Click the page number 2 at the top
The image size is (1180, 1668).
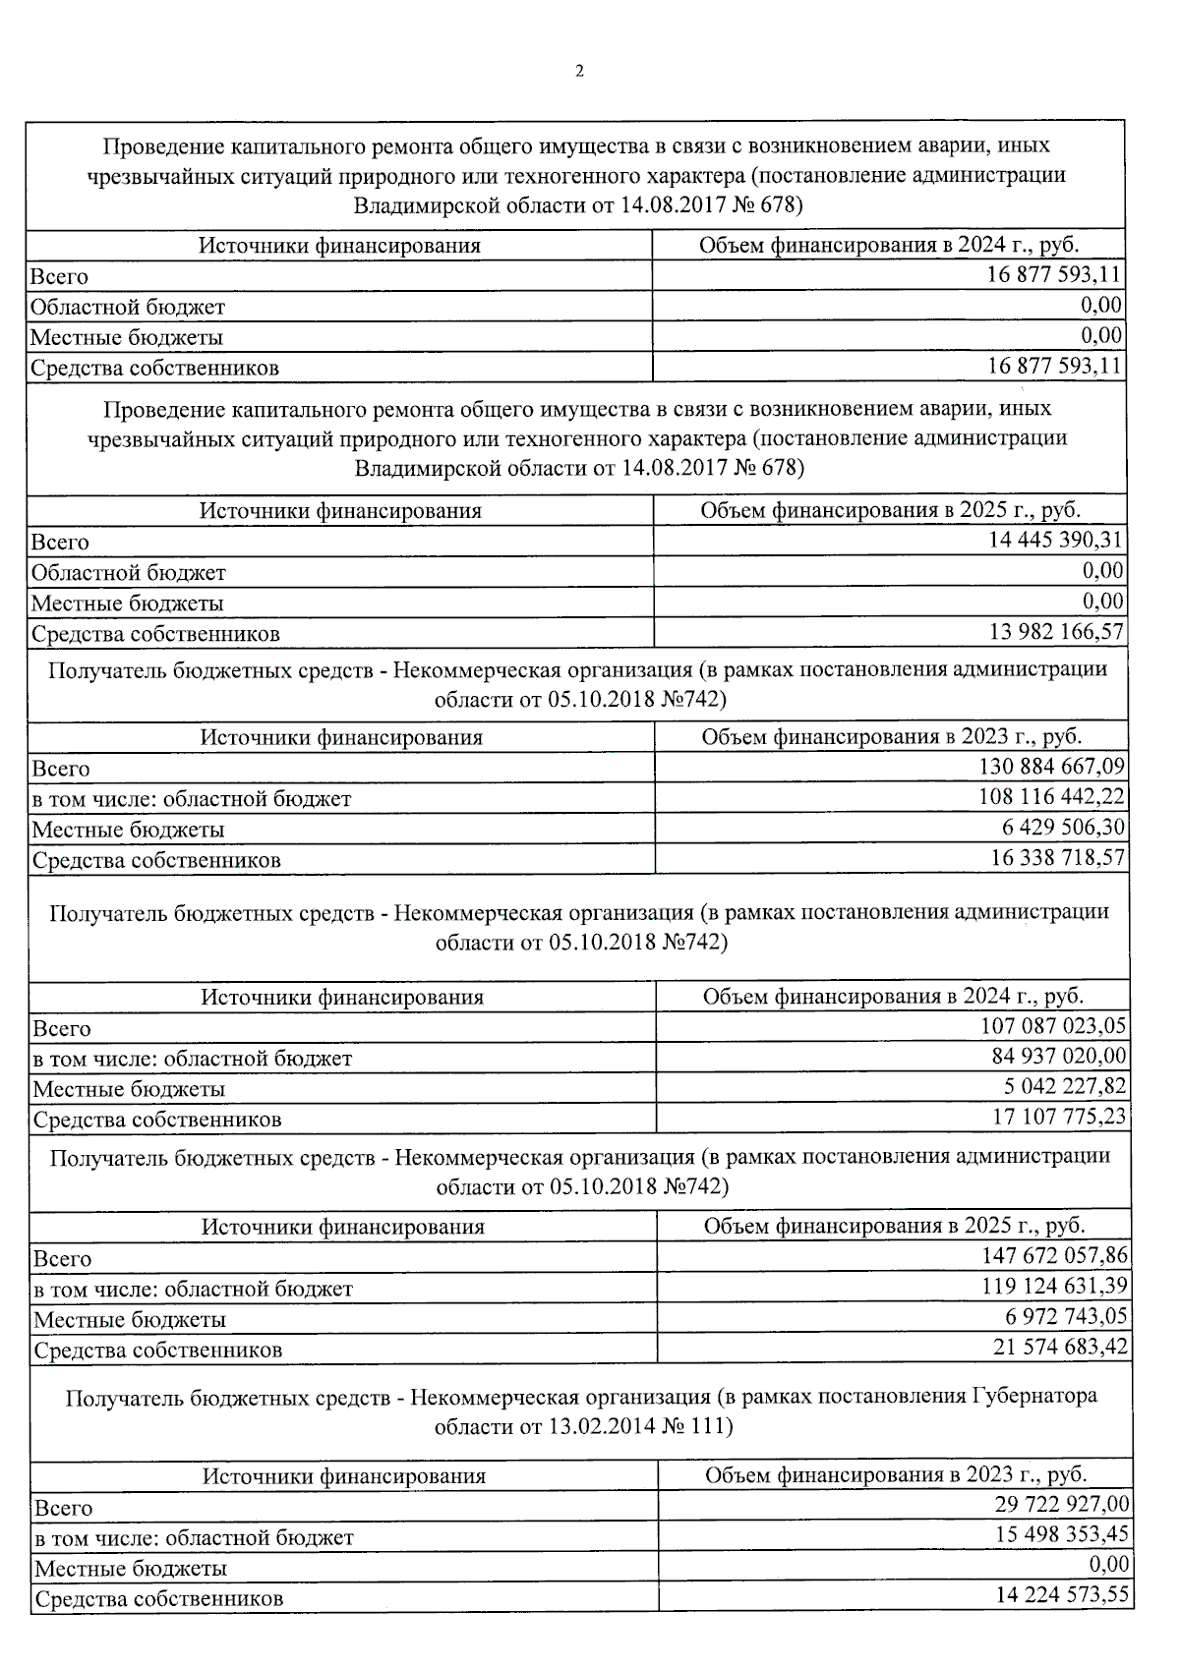click(580, 71)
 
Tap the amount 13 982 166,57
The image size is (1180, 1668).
click(1056, 631)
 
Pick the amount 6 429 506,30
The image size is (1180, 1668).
click(1064, 828)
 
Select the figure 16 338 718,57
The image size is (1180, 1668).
click(1058, 858)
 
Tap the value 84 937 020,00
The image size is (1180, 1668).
click(1059, 1057)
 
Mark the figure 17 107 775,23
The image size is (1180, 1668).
click(1059, 1118)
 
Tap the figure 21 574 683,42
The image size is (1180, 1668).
click(1061, 1348)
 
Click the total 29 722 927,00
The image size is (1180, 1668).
click(1062, 1505)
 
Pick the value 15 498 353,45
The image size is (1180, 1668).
click(1062, 1535)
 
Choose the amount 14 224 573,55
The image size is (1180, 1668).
click(1062, 1595)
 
